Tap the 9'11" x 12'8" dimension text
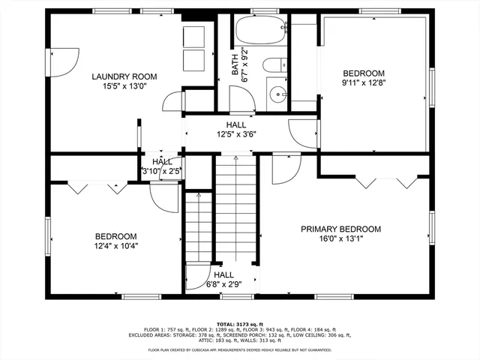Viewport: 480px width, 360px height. coord(364,82)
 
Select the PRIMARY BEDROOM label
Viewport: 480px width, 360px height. coord(341,229)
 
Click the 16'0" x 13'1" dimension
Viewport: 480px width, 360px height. coord(341,239)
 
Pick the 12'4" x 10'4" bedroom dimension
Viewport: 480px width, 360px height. coord(116,245)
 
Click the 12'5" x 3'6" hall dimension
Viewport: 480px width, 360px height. coord(236,135)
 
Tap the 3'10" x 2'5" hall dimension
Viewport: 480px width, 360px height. coord(162,171)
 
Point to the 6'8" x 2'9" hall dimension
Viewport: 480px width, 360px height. coord(223,284)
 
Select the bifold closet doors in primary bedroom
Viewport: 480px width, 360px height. coord(387,181)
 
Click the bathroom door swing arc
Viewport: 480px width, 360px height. coord(241,99)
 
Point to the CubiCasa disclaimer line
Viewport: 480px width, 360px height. coord(240,349)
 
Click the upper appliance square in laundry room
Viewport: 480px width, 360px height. coord(193,36)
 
